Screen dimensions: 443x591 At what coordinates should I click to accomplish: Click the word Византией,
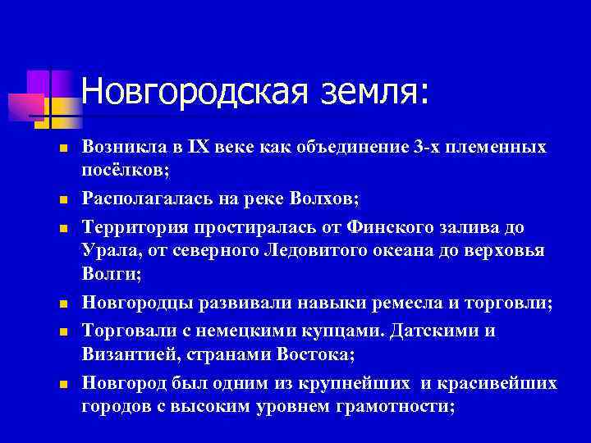pos(125,354)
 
